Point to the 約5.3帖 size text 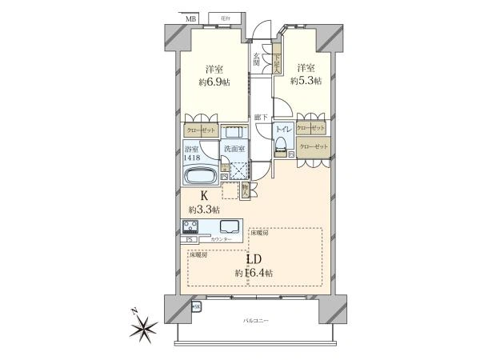pos(306,81)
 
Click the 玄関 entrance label pos(257,60)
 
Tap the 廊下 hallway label pos(261,118)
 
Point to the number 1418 pos(193,158)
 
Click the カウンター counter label pos(222,240)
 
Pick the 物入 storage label pos(245,190)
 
